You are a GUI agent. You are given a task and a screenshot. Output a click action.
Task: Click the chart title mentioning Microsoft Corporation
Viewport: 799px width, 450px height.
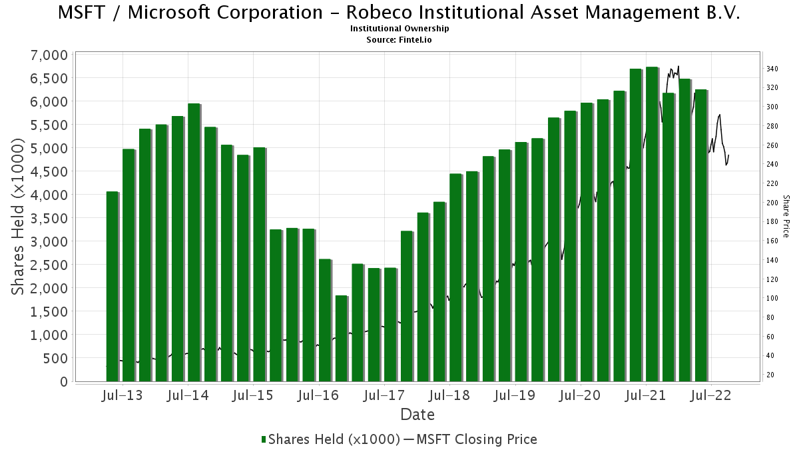click(399, 13)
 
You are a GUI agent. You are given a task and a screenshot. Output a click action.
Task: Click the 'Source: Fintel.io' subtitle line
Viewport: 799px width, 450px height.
click(399, 39)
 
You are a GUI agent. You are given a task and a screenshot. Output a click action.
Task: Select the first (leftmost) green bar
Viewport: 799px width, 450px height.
click(112, 287)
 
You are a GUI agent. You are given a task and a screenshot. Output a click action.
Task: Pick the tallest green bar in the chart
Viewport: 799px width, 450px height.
click(652, 224)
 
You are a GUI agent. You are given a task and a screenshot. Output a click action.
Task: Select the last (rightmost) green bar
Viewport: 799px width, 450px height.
click(701, 235)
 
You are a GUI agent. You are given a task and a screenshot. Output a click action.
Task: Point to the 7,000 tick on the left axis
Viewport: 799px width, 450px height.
click(49, 55)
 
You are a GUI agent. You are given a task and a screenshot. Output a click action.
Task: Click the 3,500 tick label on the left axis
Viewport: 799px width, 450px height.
click(49, 218)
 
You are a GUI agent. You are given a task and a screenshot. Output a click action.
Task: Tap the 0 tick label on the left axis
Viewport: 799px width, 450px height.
click(64, 382)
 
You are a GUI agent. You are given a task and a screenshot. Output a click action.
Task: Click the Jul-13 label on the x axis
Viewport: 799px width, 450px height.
click(122, 395)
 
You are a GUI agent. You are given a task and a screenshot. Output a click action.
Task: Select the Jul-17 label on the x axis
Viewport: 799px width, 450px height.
click(384, 395)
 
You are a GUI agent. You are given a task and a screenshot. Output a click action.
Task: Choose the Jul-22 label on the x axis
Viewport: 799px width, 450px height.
click(711, 395)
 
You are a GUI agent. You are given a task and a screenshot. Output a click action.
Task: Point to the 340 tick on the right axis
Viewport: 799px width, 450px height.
click(772, 69)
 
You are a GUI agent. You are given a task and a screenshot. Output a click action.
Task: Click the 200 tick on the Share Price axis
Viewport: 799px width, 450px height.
click(772, 203)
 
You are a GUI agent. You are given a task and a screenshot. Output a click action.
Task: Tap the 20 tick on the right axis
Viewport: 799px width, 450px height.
click(770, 375)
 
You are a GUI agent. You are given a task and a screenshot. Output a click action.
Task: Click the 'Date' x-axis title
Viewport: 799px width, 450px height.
click(417, 415)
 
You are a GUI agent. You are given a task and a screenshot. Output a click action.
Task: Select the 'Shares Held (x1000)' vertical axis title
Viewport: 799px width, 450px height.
click(18, 217)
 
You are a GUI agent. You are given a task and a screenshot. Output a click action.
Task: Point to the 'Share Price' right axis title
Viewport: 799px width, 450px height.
click(786, 216)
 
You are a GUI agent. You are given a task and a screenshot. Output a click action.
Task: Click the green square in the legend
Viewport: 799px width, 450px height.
click(264, 439)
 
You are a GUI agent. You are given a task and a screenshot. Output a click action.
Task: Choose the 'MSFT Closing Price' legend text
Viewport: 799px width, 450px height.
click(477, 439)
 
